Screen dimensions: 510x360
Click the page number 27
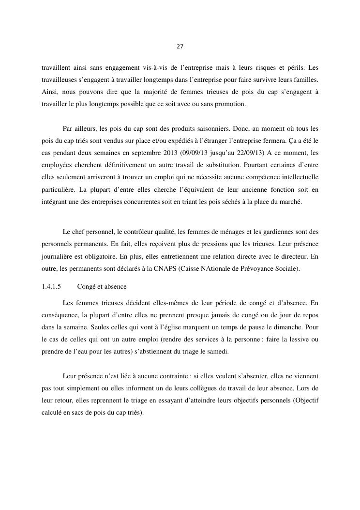point(180,47)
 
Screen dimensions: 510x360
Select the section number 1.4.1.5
point(51,286)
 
